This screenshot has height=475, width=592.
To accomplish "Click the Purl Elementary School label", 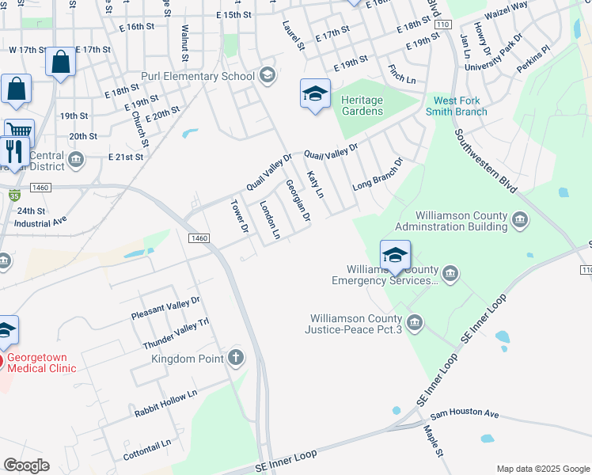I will pos(198,76).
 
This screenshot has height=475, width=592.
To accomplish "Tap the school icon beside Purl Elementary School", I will pos(267,76).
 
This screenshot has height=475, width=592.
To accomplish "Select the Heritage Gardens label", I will pos(362,105).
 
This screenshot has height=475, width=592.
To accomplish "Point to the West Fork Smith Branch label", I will pos(461,105).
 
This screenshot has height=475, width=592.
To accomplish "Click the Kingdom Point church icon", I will pos(235,359).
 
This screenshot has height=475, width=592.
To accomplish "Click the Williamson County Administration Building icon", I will pos(520,219).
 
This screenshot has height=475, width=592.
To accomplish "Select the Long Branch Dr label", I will pos(378,173).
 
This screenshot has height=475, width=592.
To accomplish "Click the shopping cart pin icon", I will pos(18,131).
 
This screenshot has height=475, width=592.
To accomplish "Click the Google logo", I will pos(26,465).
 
